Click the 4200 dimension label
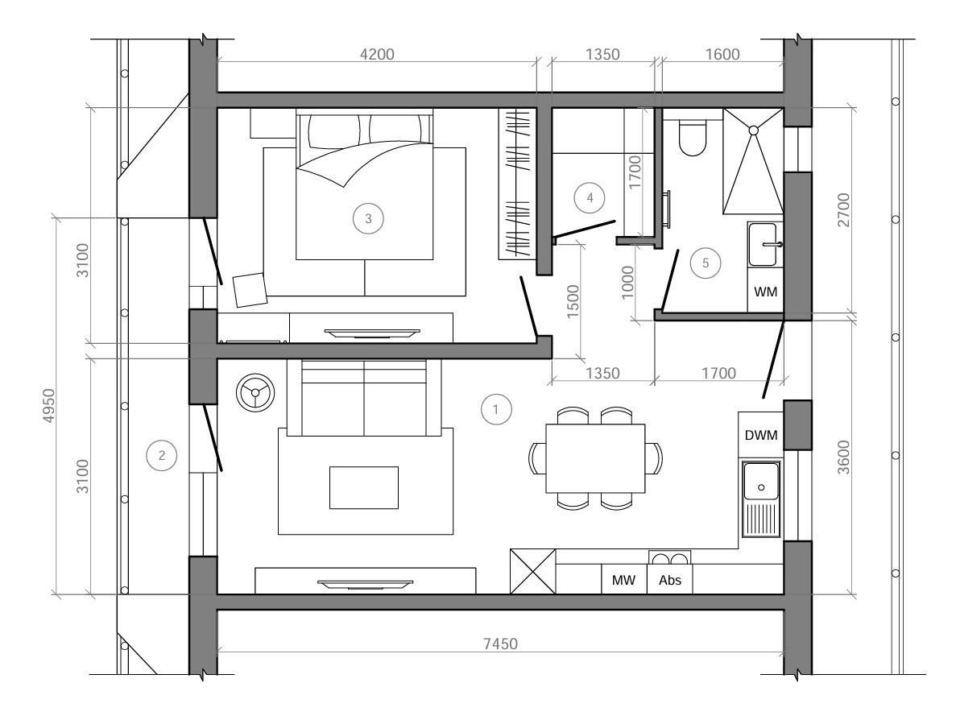click(377, 54)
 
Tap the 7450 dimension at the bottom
click(500, 644)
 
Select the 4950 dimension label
click(48, 406)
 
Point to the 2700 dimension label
click(843, 209)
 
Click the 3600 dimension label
click(843, 457)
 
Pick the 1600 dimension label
click(722, 54)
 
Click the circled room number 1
click(495, 409)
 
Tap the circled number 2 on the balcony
click(162, 455)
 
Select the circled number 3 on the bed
click(368, 218)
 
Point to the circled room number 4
click(590, 197)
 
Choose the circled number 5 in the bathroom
click(706, 263)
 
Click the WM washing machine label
click(766, 292)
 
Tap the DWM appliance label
click(762, 435)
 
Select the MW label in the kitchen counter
click(623, 580)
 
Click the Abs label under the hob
click(669, 580)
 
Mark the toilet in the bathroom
click(692, 137)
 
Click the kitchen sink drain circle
click(761, 487)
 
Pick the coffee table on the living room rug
click(364, 487)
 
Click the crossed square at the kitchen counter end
click(533, 572)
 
